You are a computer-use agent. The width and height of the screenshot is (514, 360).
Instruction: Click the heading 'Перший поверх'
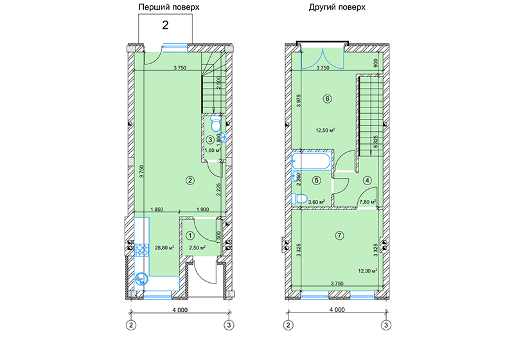[x=169, y=7]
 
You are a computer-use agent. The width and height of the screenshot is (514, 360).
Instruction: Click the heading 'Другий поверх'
[x=337, y=7]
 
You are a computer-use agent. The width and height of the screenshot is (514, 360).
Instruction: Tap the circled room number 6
[x=327, y=99]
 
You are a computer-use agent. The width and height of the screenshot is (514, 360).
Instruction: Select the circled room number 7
[x=339, y=235]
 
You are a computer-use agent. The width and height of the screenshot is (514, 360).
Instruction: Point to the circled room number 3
[x=211, y=140]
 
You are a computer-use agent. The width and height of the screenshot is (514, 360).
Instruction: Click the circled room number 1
[x=190, y=235]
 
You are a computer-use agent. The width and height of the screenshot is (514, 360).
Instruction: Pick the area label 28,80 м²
[x=164, y=248]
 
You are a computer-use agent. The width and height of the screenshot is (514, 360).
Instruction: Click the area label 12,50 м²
[x=325, y=130]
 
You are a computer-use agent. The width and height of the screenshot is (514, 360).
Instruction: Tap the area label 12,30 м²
[x=368, y=271]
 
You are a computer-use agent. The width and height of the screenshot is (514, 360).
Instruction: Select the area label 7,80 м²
[x=368, y=202]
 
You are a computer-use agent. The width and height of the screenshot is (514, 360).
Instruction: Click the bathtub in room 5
[x=312, y=161]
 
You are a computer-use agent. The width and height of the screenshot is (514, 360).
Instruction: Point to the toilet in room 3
[x=216, y=123]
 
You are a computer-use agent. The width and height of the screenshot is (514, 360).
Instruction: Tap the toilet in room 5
[x=299, y=199]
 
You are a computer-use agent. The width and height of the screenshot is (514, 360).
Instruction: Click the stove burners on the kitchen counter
[x=141, y=249]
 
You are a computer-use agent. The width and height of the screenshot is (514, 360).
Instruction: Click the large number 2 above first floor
[x=165, y=25]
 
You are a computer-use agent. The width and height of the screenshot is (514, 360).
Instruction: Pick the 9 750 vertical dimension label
[x=141, y=171]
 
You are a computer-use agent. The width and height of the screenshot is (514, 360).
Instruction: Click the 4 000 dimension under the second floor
[x=337, y=309]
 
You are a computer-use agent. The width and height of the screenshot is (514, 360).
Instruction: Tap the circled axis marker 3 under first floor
[x=229, y=325]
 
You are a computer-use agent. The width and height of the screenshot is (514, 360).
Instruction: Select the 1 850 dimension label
[x=157, y=209]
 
